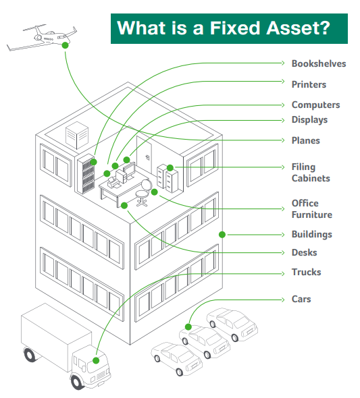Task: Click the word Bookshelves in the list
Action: pyautogui.click(x=319, y=63)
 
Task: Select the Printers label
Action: pyautogui.click(x=309, y=84)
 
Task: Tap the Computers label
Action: pyautogui.click(x=315, y=105)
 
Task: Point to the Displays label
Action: pyautogui.click(x=309, y=119)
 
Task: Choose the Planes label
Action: pyautogui.click(x=306, y=140)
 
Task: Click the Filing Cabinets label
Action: pyautogui.click(x=311, y=173)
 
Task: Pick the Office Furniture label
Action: pyautogui.click(x=312, y=209)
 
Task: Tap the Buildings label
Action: pyautogui.click(x=312, y=234)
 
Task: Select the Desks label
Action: pyautogui.click(x=304, y=252)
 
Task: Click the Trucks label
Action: pyautogui.click(x=306, y=272)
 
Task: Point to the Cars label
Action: pyautogui.click(x=301, y=299)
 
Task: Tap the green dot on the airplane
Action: pyautogui.click(x=66, y=45)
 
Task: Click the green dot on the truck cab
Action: pyautogui.click(x=96, y=360)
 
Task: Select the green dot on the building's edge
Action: pyautogui.click(x=222, y=235)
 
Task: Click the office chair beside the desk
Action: pyautogui.click(x=143, y=192)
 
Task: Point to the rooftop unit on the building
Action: pyautogui.click(x=77, y=136)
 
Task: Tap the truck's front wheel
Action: pyautogui.click(x=77, y=382)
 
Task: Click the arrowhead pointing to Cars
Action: pyautogui.click(x=282, y=300)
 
